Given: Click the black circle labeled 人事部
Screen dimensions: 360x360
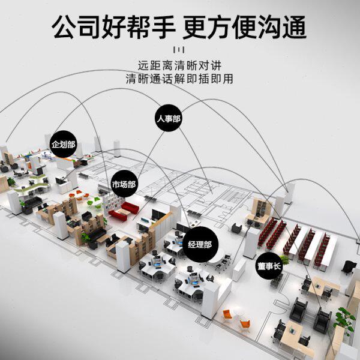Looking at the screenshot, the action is pos(168,118).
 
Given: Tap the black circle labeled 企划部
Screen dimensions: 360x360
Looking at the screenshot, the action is pos(64,145).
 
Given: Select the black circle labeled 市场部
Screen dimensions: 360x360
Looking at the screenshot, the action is pos(124,184).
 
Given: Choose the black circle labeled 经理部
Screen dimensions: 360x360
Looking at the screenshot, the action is pos(199,245).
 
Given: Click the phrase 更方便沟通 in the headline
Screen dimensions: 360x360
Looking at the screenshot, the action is pos(245,27).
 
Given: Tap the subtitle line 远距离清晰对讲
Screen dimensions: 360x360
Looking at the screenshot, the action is pos(179,65).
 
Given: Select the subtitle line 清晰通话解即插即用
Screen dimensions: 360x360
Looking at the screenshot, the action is pos(179,78).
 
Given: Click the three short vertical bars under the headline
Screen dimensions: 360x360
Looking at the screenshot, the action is pos(179,49).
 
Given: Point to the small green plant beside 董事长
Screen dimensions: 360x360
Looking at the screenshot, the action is pos(284,260).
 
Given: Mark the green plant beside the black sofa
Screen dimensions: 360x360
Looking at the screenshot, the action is pos(86,238).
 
